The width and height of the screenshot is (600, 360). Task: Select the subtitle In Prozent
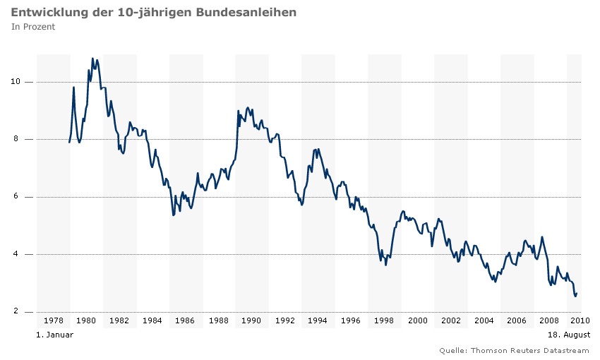[x=33, y=27]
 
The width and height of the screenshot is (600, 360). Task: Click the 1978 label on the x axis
[x=54, y=321]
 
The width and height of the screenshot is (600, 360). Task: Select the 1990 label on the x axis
[x=252, y=321]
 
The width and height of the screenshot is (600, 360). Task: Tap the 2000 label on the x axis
[x=417, y=321]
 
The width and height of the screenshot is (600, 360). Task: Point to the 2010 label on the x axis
[x=580, y=321]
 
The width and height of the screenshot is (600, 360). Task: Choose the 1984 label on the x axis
[x=152, y=321]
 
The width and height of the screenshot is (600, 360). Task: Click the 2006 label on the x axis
[x=517, y=321]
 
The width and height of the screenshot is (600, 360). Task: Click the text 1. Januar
[x=54, y=335]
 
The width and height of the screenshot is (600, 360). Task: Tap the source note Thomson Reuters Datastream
[x=529, y=350]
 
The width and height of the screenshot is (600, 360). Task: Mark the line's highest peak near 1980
[x=92, y=59]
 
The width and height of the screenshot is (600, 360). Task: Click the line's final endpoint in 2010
[x=577, y=293]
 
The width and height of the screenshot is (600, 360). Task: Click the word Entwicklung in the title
[x=44, y=13]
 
